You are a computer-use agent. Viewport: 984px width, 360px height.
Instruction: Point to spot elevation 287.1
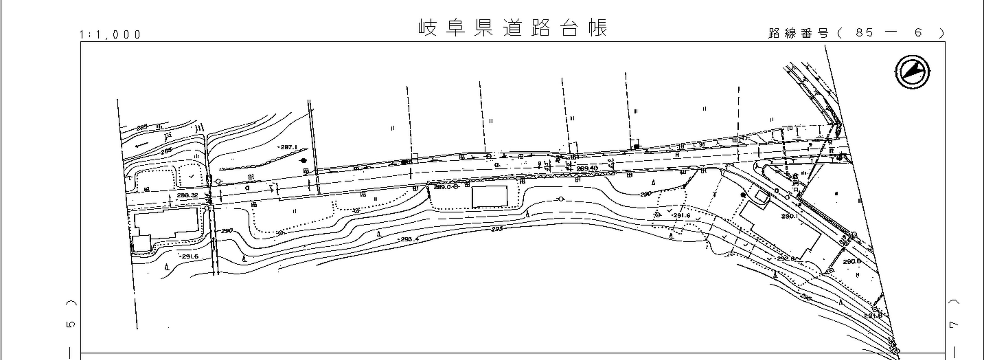289,147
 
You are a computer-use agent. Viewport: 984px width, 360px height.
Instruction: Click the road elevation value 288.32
187,195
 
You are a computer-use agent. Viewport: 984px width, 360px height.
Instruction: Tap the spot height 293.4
409,239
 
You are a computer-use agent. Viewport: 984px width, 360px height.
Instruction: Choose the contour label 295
497,229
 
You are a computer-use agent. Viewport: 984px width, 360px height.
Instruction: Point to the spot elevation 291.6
681,215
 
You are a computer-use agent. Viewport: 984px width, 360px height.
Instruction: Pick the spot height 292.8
785,258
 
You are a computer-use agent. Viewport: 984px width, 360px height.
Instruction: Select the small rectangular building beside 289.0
489,196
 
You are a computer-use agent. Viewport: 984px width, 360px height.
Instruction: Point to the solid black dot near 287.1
304,161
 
